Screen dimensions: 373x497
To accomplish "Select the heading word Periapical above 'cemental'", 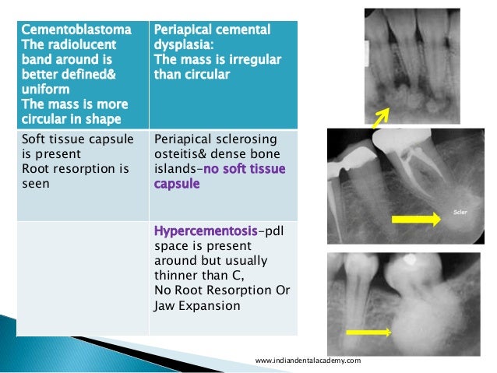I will pyautogui.click(x=184, y=30).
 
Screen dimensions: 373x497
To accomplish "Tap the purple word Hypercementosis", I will pyautogui.click(x=206, y=231).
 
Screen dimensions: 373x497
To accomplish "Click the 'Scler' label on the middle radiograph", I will pyautogui.click(x=461, y=209).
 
